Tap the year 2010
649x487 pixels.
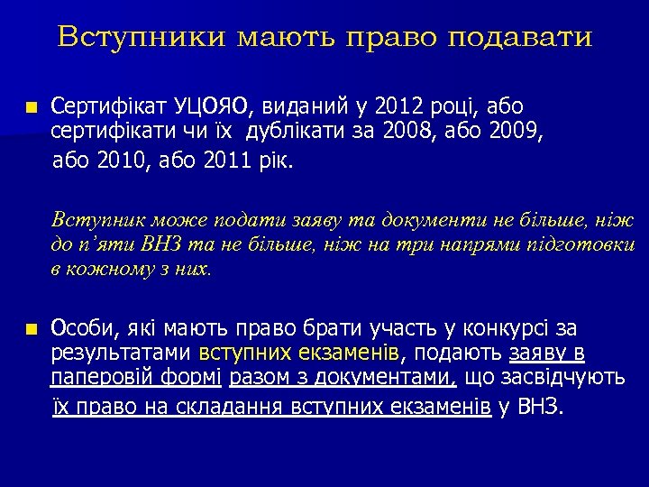coord(116,161)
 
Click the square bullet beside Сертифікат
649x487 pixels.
coord(32,107)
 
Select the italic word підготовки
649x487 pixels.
coord(588,244)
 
